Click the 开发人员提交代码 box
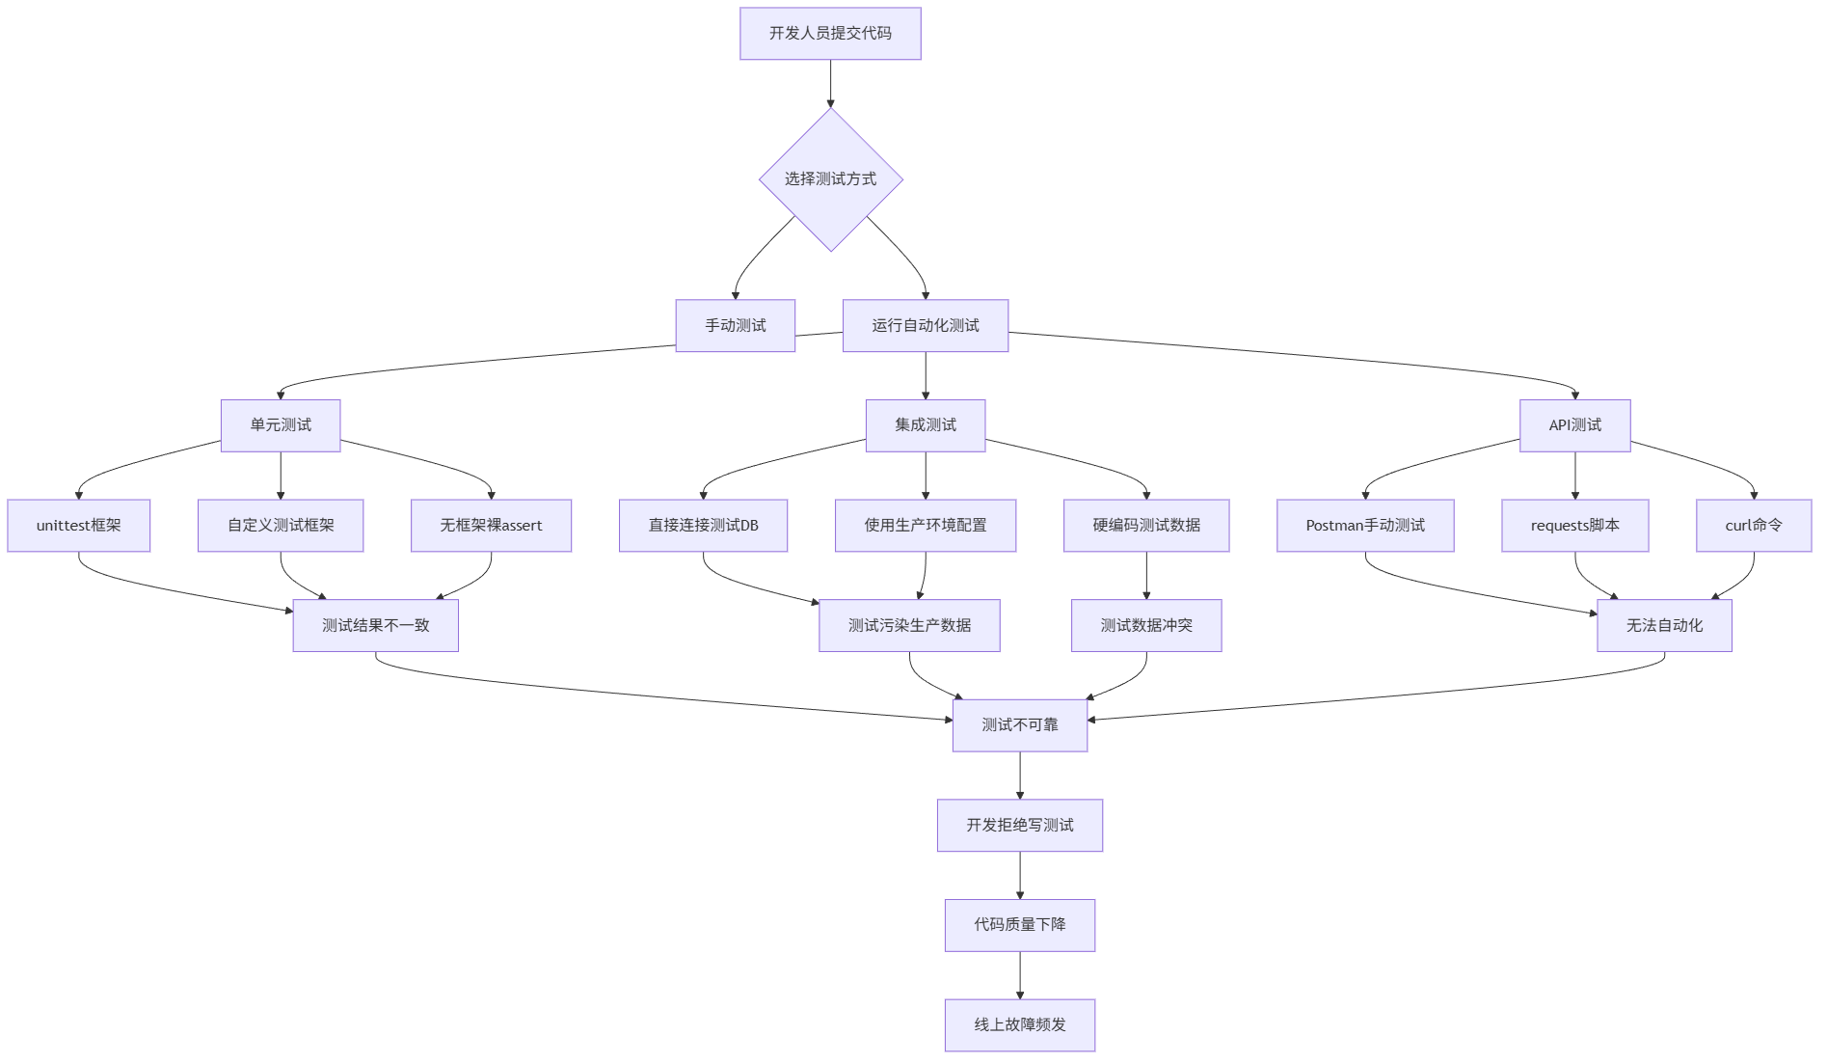[830, 34]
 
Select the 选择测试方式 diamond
[830, 179]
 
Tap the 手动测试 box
[735, 326]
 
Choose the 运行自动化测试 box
[925, 326]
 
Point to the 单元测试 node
[281, 425]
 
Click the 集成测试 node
[925, 425]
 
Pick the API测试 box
[1574, 425]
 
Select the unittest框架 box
[79, 526]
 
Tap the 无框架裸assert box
[491, 526]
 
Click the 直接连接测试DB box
[703, 526]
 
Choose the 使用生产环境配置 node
[925, 526]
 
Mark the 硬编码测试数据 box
[1145, 526]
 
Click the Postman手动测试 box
[1365, 526]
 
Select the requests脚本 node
[1574, 526]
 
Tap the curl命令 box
[1753, 526]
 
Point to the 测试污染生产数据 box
[909, 625]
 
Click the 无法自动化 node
[1664, 625]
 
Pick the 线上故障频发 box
[1019, 1024]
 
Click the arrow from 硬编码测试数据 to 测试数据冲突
[1146, 576]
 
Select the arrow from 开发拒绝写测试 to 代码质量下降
[1020, 875]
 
